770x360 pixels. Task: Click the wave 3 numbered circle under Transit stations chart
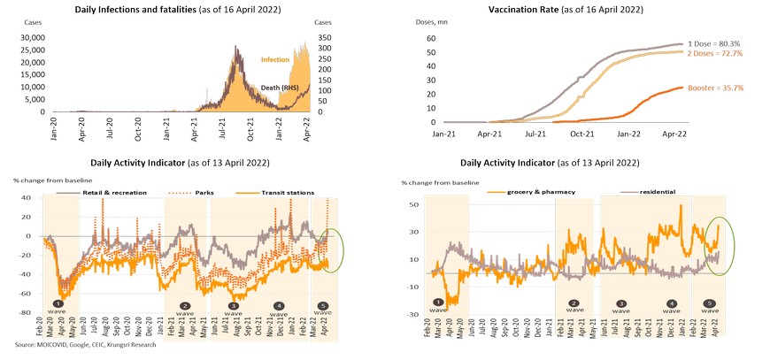232,305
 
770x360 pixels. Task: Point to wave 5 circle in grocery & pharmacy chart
709,303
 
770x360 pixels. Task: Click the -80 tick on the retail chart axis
26,312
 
